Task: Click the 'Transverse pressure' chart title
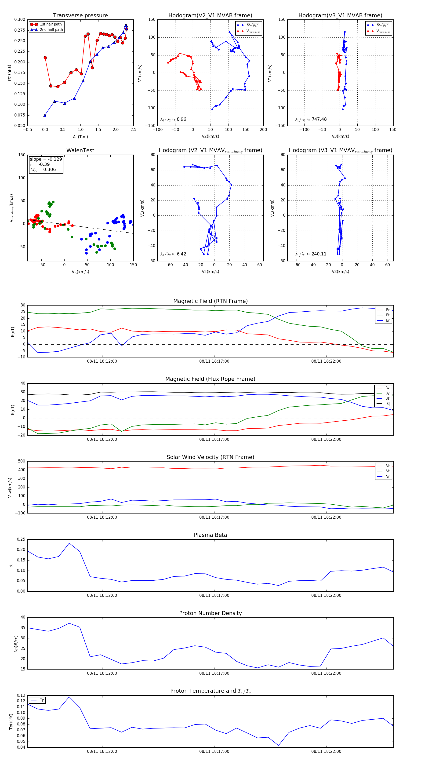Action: coord(80,16)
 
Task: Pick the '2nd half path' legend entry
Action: coord(51,30)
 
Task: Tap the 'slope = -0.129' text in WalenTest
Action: coord(46,159)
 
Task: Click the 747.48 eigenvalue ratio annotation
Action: coord(319,119)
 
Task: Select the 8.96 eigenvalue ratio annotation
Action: coord(181,119)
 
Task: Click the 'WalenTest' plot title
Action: coord(80,150)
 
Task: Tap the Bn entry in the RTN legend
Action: coord(388,320)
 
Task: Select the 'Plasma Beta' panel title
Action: coord(210,535)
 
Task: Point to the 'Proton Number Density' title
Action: coord(210,613)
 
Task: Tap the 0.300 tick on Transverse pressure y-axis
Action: coord(20,19)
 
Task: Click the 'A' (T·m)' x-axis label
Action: coord(80,137)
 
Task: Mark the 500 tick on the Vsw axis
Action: coord(22,461)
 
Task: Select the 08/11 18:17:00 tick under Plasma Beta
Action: coord(214,595)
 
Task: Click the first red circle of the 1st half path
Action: coord(45,58)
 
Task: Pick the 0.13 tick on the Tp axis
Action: coord(21,696)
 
